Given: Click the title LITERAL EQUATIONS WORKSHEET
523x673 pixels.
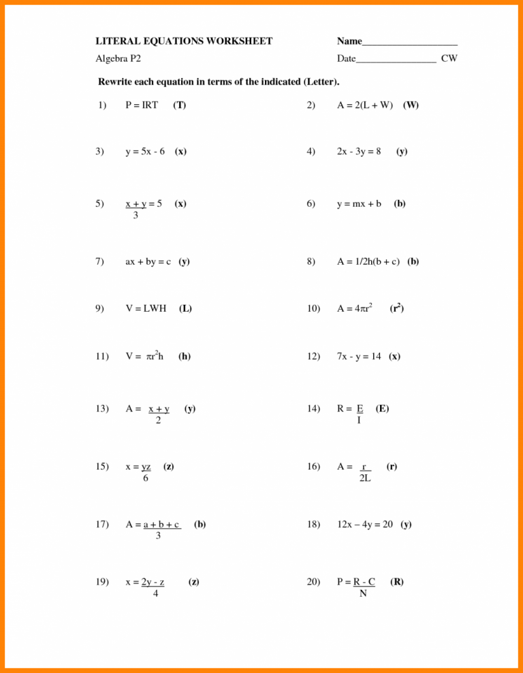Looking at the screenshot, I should coord(184,42).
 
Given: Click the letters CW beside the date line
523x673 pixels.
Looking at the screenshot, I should coord(449,59).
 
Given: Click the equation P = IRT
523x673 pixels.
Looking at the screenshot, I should coord(142,105).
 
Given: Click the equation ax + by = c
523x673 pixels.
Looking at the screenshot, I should coord(148,261).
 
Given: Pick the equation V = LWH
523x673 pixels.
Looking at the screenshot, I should coord(146,308).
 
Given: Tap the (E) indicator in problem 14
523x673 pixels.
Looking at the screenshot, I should coord(382,409).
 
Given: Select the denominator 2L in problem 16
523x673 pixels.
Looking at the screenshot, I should coord(365,478).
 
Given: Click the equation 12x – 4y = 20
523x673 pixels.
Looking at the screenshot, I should coord(365,525).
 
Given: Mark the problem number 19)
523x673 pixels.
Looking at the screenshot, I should coord(103,582).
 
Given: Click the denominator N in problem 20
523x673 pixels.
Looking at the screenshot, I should coord(363,593).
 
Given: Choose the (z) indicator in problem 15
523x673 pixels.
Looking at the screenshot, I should coord(168,467).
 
